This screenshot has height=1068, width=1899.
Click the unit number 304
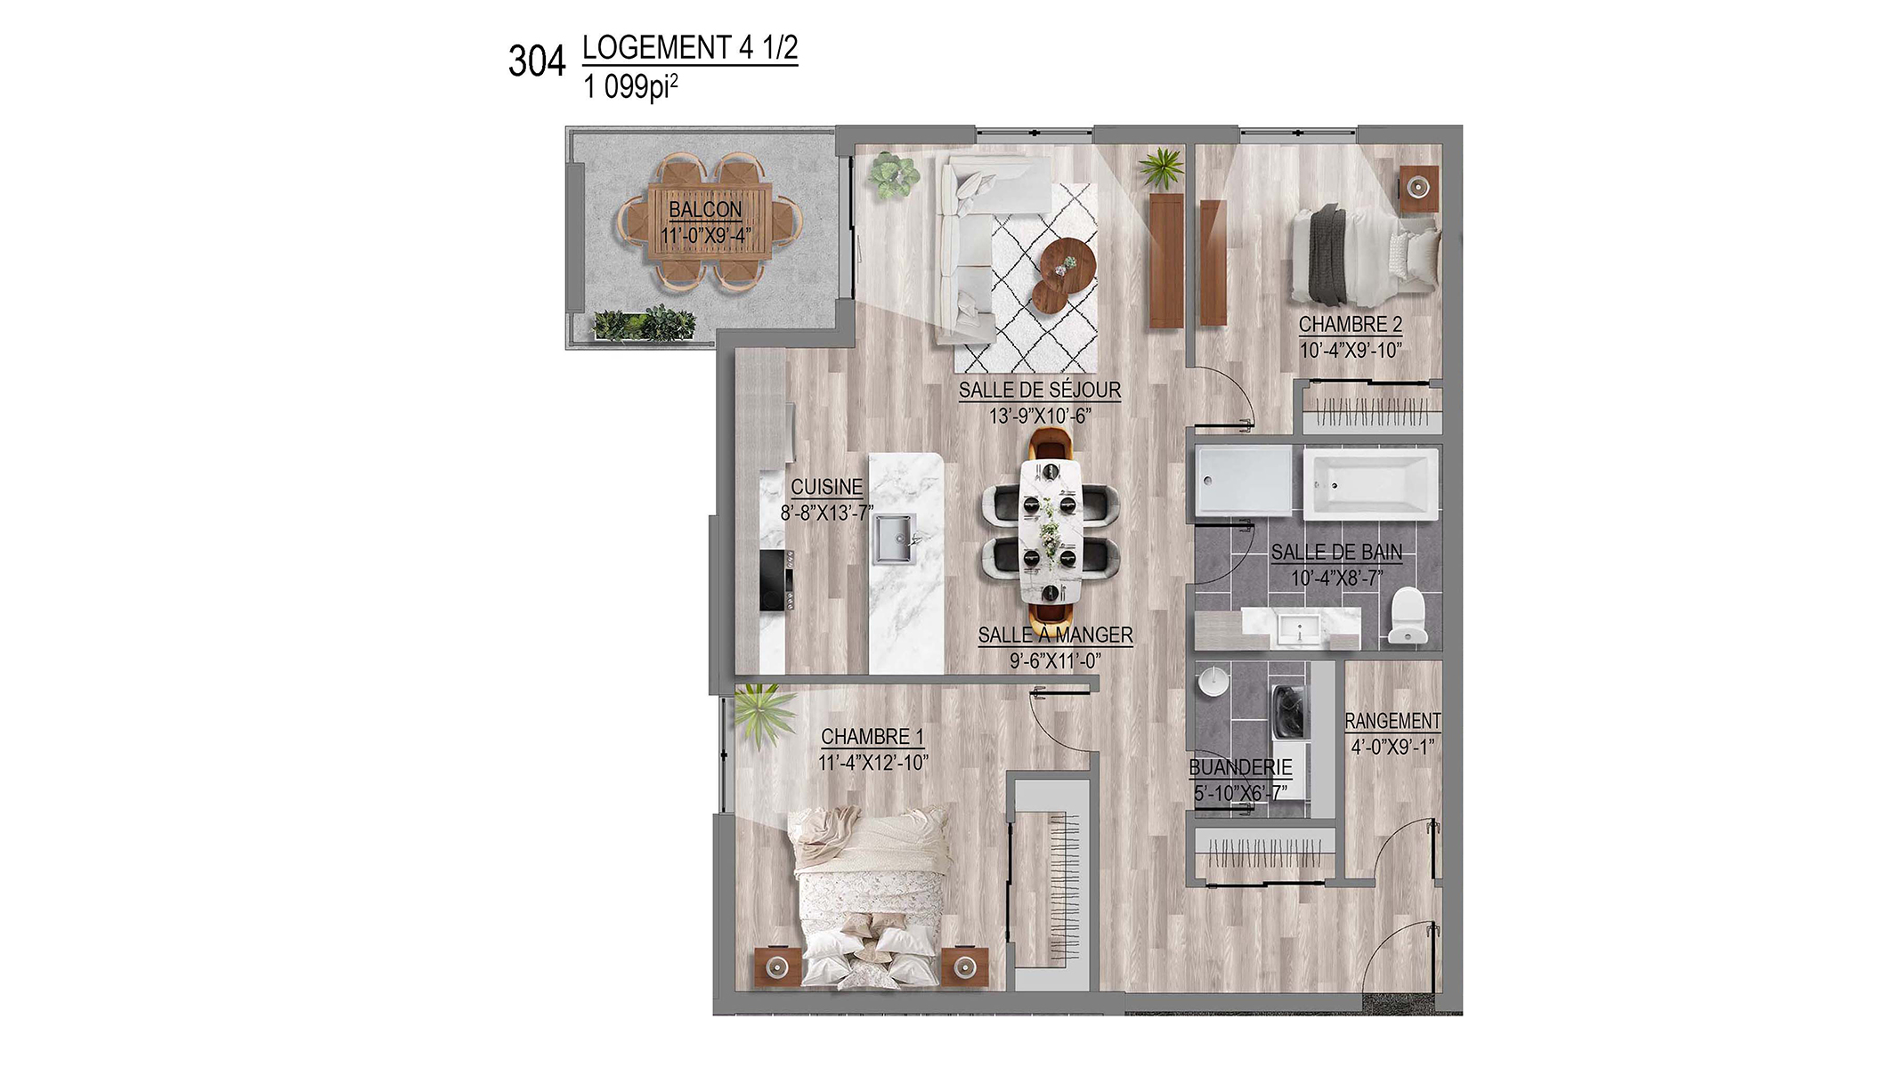point(537,61)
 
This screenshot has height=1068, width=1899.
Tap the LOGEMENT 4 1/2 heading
point(690,47)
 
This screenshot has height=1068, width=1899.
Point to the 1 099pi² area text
point(630,87)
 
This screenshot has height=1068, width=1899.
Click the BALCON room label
point(705,209)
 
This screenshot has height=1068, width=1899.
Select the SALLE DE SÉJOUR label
point(1040,390)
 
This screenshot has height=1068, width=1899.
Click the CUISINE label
point(827,487)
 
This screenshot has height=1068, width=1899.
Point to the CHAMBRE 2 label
point(1351,325)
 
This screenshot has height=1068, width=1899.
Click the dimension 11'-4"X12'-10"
point(873,763)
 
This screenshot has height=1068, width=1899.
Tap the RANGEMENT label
point(1392,721)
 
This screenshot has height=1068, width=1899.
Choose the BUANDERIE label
point(1240,767)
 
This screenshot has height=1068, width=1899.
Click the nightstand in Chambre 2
point(1419,189)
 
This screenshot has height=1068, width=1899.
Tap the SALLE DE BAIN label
point(1336,553)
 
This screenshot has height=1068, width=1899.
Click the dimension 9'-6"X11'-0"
point(1055,661)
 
